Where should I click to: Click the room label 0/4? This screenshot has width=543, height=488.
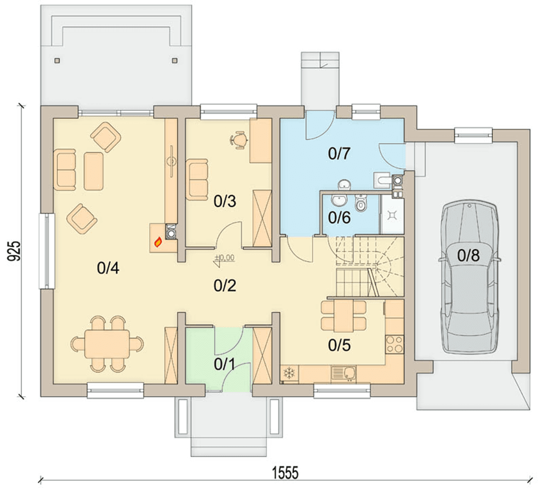tap(108, 268)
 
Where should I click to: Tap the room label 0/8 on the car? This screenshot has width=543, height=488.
tap(468, 256)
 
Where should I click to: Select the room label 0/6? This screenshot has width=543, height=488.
tap(339, 217)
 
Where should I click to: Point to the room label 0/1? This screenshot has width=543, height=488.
tap(224, 364)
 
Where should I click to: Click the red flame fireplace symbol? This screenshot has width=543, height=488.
tap(158, 242)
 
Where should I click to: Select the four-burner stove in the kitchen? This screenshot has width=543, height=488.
tap(395, 344)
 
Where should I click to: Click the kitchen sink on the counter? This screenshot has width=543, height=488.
tap(344, 373)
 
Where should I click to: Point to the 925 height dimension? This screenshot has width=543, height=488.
tap(16, 251)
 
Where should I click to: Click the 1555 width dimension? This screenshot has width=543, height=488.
tap(285, 473)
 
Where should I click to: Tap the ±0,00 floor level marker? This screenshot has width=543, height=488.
tap(224, 258)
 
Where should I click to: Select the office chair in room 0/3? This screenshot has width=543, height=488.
tap(239, 140)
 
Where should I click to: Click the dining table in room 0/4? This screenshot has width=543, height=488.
tap(107, 344)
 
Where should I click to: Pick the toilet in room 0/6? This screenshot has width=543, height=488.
tap(361, 203)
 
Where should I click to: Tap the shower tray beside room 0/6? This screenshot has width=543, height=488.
tap(392, 216)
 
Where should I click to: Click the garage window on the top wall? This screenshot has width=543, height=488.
tap(473, 135)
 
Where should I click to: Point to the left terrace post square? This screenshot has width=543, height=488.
tap(57, 60)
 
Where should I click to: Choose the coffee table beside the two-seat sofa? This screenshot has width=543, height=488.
tap(93, 171)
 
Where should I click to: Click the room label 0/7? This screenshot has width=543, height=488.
tap(339, 153)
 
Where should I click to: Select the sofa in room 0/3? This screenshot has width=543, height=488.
tap(197, 180)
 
